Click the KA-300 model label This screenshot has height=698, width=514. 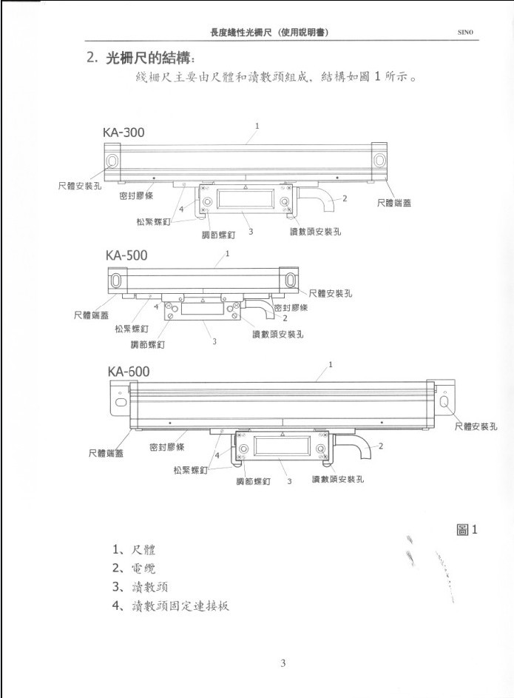(x=124, y=132)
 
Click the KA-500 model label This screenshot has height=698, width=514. (x=126, y=255)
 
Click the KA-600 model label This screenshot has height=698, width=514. (x=129, y=370)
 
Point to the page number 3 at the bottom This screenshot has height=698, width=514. (x=283, y=662)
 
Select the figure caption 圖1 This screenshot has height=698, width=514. (x=469, y=529)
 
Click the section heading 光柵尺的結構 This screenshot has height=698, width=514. (x=152, y=58)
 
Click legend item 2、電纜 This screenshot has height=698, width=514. (x=135, y=568)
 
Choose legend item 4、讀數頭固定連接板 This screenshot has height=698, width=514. (x=171, y=605)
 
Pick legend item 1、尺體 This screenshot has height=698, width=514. (x=135, y=550)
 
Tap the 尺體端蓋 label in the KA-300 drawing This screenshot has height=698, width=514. (x=394, y=202)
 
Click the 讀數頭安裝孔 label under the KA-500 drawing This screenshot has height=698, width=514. (x=277, y=334)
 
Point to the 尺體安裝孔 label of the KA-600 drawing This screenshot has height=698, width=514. (x=476, y=426)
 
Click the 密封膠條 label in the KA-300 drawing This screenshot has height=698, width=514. (x=136, y=195)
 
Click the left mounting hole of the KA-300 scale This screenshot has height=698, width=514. (x=112, y=161)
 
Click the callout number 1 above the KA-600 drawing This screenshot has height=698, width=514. (x=330, y=365)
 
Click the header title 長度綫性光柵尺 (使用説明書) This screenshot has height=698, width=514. (x=270, y=32)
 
